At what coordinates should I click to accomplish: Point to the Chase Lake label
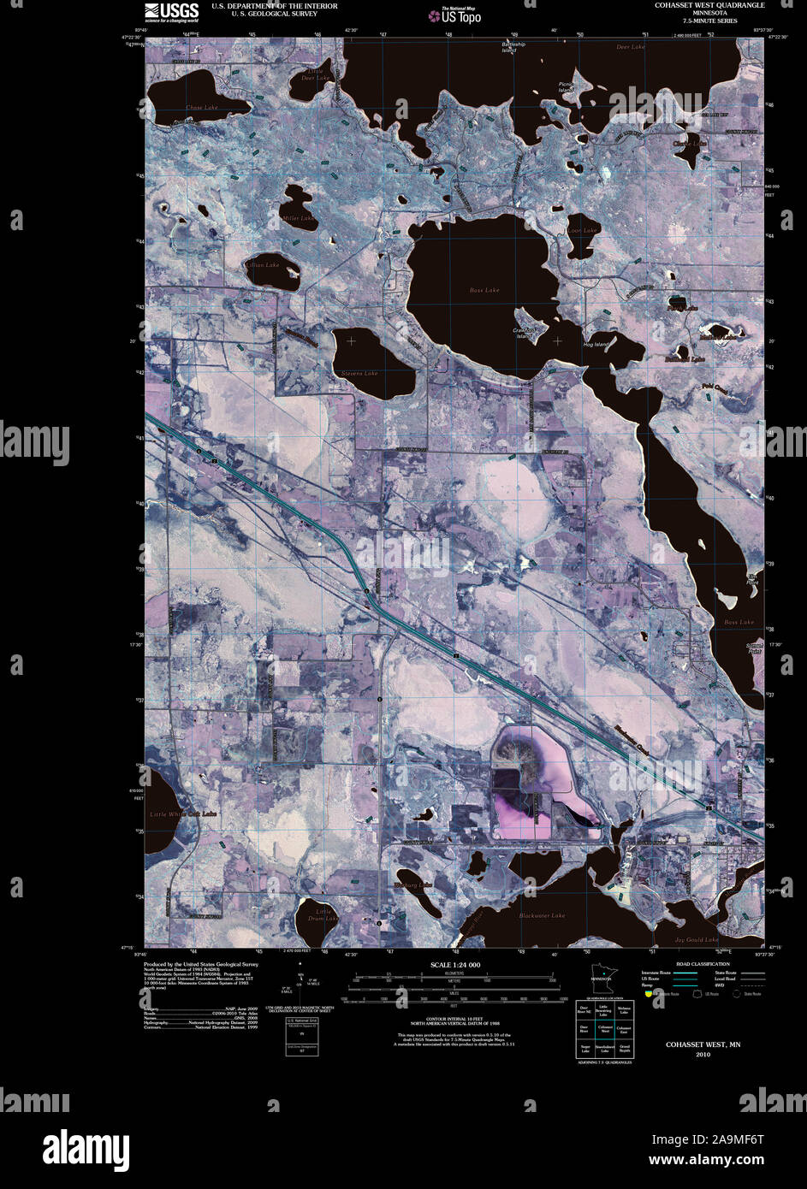pos(202,108)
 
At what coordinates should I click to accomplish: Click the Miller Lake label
pos(299,218)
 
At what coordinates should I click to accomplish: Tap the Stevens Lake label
pos(359,374)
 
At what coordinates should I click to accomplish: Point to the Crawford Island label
pos(524,333)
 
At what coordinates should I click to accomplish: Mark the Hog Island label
pos(596,345)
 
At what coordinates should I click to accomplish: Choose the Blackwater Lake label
pos(542,916)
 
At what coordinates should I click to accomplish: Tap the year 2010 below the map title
pos(703,1055)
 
